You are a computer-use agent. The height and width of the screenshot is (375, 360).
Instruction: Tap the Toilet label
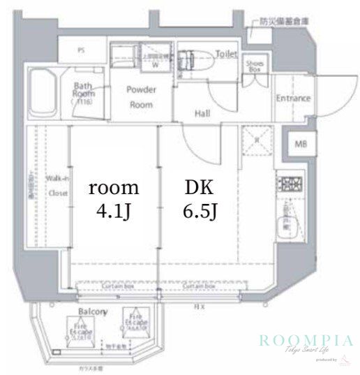pyautogui.click(x=226, y=54)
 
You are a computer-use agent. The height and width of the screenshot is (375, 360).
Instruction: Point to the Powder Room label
pyautogui.click(x=141, y=96)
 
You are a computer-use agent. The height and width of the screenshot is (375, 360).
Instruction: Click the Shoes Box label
pyautogui.click(x=253, y=65)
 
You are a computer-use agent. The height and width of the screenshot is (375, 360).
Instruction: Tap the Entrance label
pyautogui.click(x=292, y=98)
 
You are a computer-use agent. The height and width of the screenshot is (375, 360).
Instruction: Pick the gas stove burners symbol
pyautogui.click(x=288, y=184)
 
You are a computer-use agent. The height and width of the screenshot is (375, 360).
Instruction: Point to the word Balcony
pyautogui.click(x=91, y=311)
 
